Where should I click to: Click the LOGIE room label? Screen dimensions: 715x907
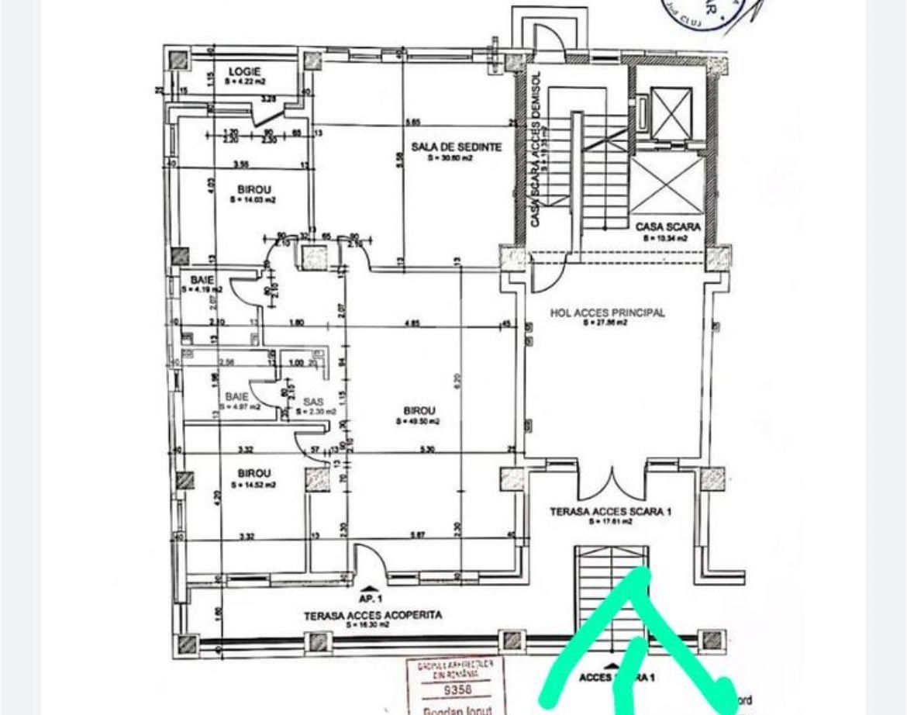(244, 71)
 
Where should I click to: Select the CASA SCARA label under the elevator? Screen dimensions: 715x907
(668, 226)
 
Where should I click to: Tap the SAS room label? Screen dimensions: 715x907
(312, 402)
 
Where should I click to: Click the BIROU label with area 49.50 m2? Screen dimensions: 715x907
(419, 410)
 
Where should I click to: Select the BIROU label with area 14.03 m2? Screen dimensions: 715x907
(253, 188)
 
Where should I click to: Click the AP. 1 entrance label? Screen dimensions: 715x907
(370, 599)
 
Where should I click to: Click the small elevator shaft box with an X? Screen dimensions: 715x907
(671, 112)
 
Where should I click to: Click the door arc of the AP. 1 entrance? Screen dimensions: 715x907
(367, 557)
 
